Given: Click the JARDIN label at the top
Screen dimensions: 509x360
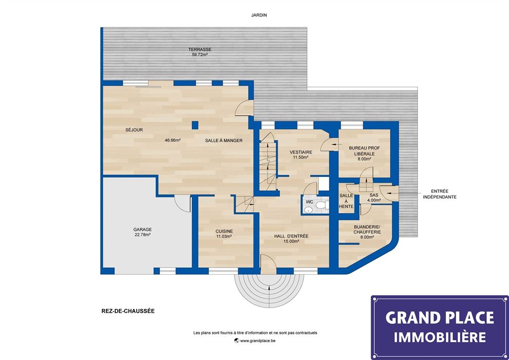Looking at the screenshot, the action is (x=259, y=15).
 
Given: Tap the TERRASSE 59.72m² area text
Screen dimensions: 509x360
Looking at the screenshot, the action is (x=199, y=52).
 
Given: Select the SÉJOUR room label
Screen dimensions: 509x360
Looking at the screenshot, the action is (x=134, y=130).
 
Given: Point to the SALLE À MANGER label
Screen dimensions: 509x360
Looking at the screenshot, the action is (x=224, y=140).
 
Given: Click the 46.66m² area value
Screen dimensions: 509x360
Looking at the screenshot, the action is (x=172, y=140).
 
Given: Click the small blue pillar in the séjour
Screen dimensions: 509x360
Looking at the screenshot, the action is (x=195, y=125).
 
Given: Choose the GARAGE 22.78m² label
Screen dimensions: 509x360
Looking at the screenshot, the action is (x=142, y=232).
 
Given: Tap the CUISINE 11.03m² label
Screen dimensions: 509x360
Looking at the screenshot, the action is (x=224, y=233).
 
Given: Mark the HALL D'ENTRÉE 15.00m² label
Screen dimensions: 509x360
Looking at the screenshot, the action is (x=291, y=239).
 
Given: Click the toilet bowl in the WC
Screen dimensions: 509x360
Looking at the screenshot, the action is (x=321, y=205).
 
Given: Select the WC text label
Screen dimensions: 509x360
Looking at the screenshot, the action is (x=310, y=202).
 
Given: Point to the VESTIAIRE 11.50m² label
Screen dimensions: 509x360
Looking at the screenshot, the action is (x=301, y=154).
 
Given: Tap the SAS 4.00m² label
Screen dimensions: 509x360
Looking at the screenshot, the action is (x=374, y=197).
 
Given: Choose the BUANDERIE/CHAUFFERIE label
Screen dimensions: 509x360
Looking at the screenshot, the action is (x=367, y=232).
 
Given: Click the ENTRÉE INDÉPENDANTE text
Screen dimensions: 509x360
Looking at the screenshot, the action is (x=440, y=194).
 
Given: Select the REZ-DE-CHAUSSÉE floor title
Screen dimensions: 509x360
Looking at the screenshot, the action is (x=128, y=311).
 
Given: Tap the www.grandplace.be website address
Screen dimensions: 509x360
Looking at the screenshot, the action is (x=255, y=341).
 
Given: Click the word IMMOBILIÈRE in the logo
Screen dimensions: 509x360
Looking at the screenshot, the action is (x=440, y=337).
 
